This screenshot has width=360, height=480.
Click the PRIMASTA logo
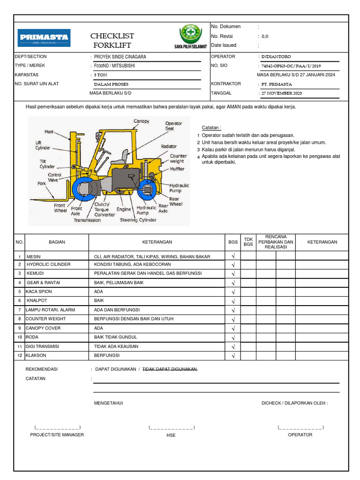(44, 37)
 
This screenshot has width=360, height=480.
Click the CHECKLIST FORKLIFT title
(112, 41)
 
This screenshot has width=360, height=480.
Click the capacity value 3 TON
(100, 75)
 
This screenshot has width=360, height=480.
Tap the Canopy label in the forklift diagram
(141, 121)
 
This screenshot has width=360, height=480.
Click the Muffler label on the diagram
(177, 169)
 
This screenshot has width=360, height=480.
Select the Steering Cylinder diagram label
(138, 220)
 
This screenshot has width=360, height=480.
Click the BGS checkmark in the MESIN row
(233, 256)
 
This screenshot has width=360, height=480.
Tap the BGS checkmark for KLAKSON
(233, 356)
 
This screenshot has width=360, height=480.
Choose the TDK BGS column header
(248, 241)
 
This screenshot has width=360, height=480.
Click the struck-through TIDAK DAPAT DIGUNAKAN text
(170, 369)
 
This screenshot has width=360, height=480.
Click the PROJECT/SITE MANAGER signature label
(57, 435)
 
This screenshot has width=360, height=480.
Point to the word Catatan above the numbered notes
(211, 127)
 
